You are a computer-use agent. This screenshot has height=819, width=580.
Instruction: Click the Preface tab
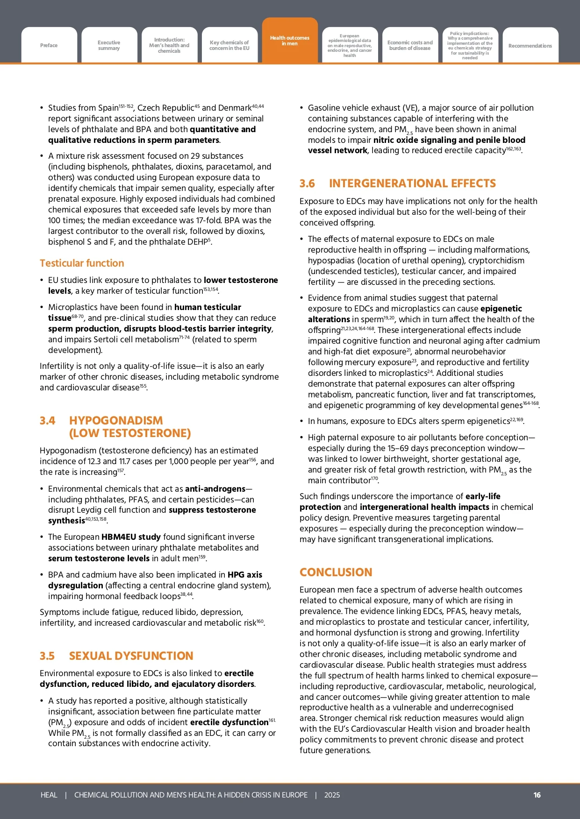click(x=49, y=45)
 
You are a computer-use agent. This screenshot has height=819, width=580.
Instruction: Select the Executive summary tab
click(x=109, y=45)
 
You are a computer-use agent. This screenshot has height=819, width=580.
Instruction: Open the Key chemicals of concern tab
click(x=229, y=45)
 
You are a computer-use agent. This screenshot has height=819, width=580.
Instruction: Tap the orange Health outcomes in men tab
click(x=290, y=41)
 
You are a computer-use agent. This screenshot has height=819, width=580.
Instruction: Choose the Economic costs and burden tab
click(x=410, y=45)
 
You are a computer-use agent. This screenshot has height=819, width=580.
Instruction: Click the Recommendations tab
click(x=530, y=46)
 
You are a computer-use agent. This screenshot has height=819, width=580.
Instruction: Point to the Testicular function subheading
click(x=82, y=263)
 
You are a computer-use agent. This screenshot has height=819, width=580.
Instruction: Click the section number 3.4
click(x=47, y=421)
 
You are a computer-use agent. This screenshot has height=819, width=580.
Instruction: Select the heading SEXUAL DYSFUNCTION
click(x=131, y=656)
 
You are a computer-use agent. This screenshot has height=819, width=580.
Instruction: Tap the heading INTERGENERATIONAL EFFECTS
click(x=412, y=184)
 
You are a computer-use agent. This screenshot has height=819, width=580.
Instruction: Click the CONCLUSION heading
click(x=336, y=572)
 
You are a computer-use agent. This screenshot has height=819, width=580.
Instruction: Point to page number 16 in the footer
click(x=537, y=795)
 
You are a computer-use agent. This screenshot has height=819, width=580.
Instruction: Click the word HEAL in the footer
click(x=49, y=795)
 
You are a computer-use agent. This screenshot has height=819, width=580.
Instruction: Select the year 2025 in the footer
click(x=332, y=795)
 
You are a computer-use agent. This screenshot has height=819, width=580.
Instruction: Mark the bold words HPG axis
click(x=245, y=575)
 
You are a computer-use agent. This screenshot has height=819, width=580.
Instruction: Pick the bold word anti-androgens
click(x=215, y=489)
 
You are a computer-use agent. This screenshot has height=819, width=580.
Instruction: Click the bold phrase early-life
click(x=483, y=496)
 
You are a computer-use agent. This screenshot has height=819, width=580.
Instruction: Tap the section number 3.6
click(x=307, y=184)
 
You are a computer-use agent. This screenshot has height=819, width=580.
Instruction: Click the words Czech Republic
click(x=165, y=108)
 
